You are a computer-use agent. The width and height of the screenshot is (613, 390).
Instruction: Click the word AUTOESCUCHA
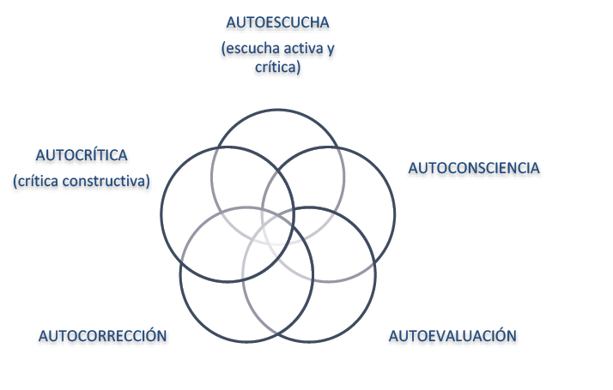(277, 22)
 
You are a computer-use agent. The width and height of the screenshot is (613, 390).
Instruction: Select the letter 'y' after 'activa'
(331, 49)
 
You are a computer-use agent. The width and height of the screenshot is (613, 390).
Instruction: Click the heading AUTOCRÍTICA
(82, 156)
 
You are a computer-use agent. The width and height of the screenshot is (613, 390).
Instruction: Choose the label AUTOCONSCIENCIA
(474, 169)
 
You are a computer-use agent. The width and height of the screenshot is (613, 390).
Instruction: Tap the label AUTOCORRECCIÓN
(103, 336)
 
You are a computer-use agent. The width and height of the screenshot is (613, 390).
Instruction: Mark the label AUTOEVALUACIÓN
(453, 336)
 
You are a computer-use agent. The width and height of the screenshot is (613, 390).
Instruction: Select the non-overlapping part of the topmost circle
(277, 129)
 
